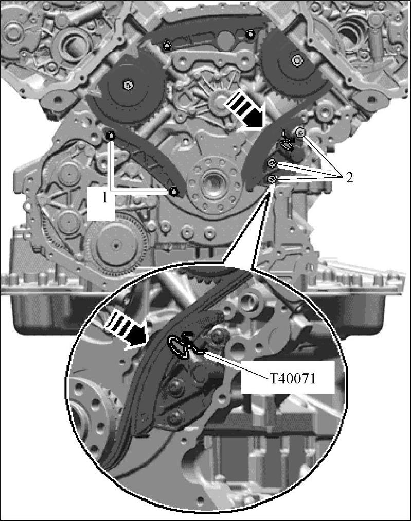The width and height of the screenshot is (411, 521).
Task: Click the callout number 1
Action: pyautogui.click(x=105, y=199)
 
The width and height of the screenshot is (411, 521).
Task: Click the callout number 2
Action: pyautogui.click(x=348, y=178)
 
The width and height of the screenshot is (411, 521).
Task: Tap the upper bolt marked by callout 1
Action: pyautogui.click(x=111, y=135)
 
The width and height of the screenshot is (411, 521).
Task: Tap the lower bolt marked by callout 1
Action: pyautogui.click(x=173, y=192)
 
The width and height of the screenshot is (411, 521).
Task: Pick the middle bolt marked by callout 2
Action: pyautogui.click(x=272, y=163)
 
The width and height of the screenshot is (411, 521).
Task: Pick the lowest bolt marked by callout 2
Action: pyautogui.click(x=272, y=179)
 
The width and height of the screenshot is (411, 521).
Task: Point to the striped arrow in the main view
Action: pyautogui.click(x=245, y=111)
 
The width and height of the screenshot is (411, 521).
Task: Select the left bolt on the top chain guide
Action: pyautogui.click(x=167, y=45)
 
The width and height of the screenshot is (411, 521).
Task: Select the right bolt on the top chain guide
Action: pyautogui.click(x=251, y=33)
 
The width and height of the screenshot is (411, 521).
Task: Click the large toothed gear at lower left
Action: pyautogui.click(x=115, y=245)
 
